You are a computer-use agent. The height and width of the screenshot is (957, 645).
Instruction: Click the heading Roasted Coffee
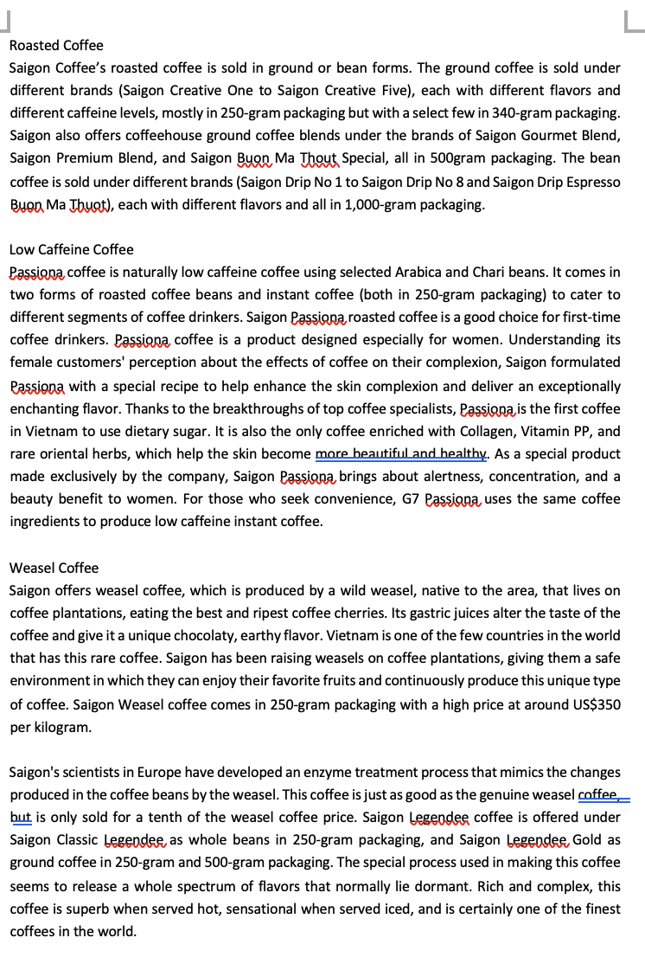[x=56, y=45]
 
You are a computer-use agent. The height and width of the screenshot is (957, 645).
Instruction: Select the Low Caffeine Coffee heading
[x=72, y=249]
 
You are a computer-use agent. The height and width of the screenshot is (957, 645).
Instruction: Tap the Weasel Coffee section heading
[x=54, y=568]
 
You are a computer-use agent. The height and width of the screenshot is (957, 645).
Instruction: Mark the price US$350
[x=594, y=704]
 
